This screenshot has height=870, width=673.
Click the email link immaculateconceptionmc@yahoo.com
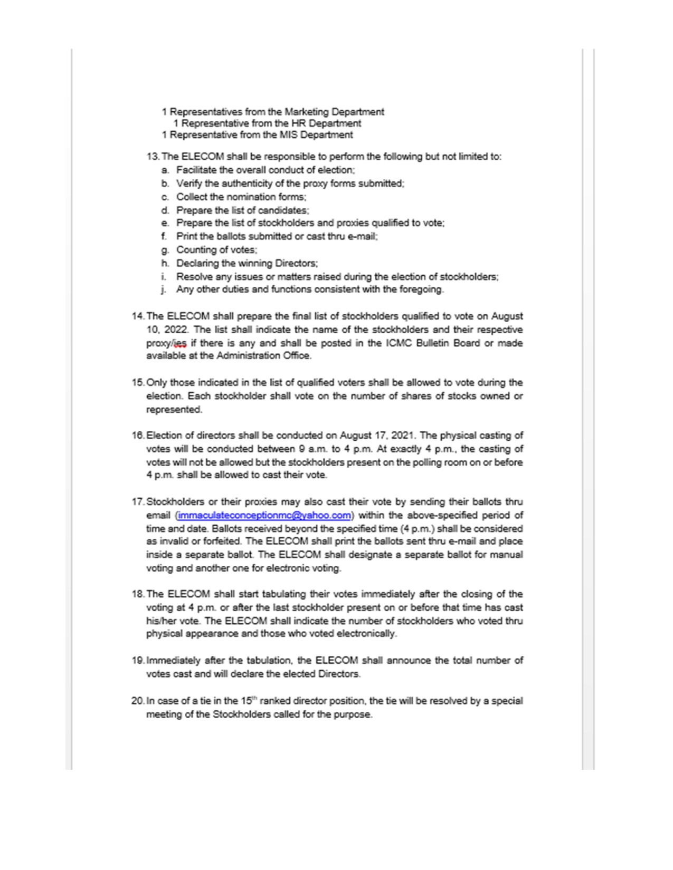pos(264,515)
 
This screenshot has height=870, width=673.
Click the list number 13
pos(153,157)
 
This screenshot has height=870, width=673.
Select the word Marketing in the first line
pos(306,112)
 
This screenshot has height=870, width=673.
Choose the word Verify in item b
pos(188,183)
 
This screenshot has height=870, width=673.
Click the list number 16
pos(138,436)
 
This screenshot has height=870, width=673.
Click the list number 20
pos(138,701)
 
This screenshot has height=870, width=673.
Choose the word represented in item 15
pos(174,410)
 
